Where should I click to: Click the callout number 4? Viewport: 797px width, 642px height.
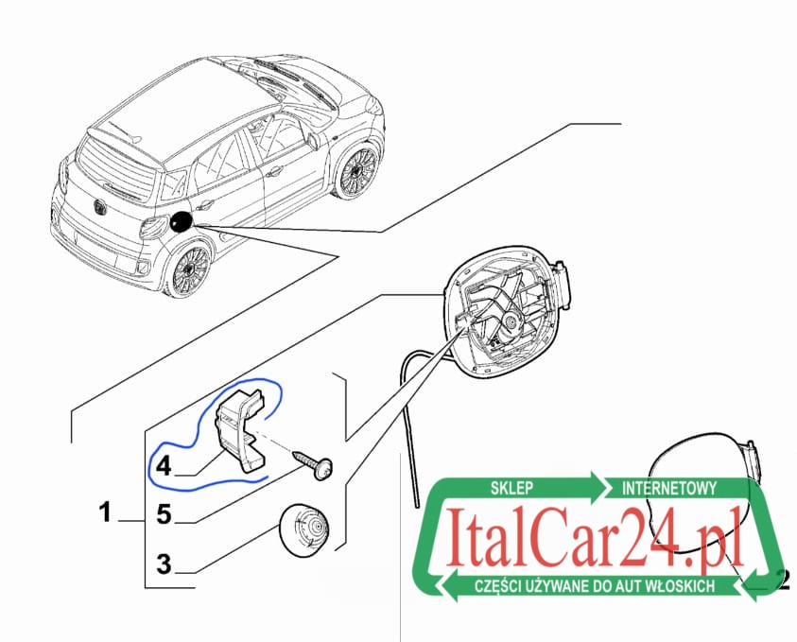point(164,465)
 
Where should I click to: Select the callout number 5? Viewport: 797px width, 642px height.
point(164,514)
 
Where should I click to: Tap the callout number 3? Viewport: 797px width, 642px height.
point(164,564)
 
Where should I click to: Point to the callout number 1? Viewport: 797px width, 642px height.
point(105,512)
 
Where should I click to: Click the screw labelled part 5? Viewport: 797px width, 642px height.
point(314,463)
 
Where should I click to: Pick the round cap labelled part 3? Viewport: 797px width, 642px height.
point(304,529)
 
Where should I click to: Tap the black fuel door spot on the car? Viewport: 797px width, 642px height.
point(181,222)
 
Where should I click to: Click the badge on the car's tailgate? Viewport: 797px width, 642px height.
point(97,207)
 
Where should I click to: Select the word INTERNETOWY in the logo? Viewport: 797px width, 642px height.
point(669,488)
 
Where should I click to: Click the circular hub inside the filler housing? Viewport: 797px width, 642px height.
point(510,321)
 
